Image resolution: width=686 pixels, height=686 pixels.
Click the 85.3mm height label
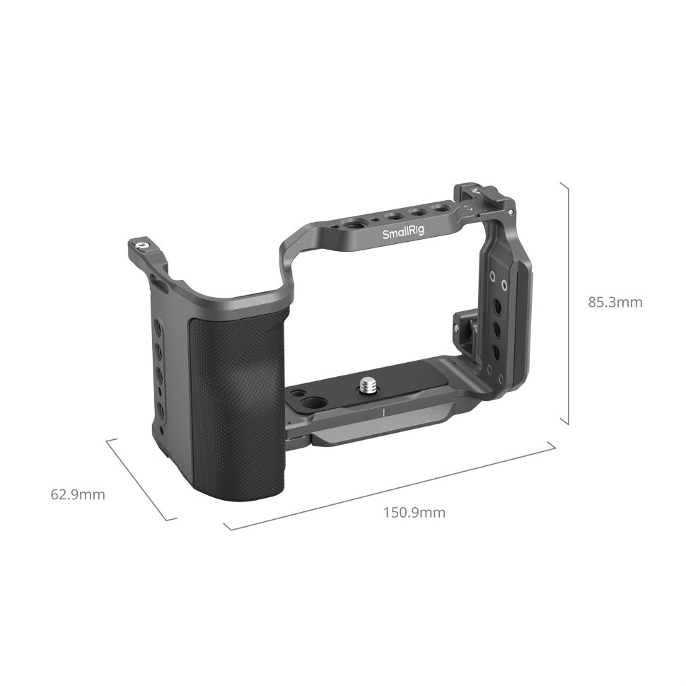[615, 302]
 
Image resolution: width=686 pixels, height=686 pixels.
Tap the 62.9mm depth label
[78, 494]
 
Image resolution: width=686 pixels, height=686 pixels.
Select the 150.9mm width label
[414, 513]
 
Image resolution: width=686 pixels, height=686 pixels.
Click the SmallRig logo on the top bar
[400, 234]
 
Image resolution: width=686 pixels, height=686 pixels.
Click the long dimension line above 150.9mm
[389, 487]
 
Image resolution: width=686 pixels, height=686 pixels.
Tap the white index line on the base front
[383, 412]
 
